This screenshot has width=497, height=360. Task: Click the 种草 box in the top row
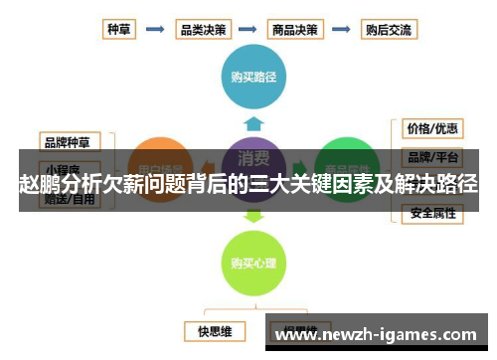coord(119,29)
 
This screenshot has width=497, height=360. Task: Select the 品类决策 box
coord(203,29)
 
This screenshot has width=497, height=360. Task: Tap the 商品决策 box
coord(295,29)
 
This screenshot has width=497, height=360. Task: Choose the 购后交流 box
coord(389,29)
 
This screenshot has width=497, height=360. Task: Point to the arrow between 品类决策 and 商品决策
coord(249,29)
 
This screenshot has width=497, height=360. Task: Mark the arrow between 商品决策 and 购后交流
coord(342,29)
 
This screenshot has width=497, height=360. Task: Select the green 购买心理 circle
coord(253,263)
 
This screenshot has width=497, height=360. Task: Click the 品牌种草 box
coord(70,141)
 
